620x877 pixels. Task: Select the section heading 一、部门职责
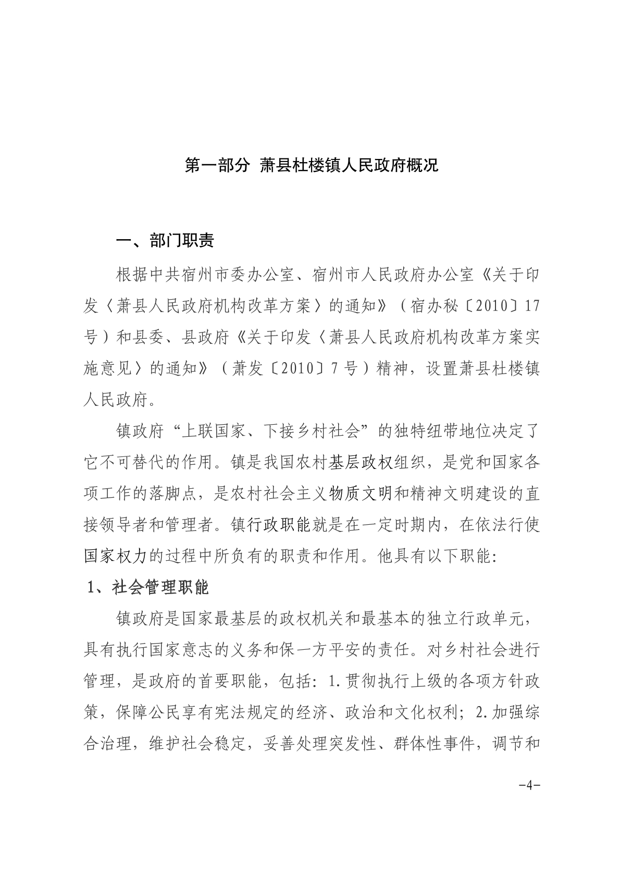pyautogui.click(x=165, y=240)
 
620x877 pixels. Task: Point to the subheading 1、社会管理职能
pyautogui.click(x=148, y=587)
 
